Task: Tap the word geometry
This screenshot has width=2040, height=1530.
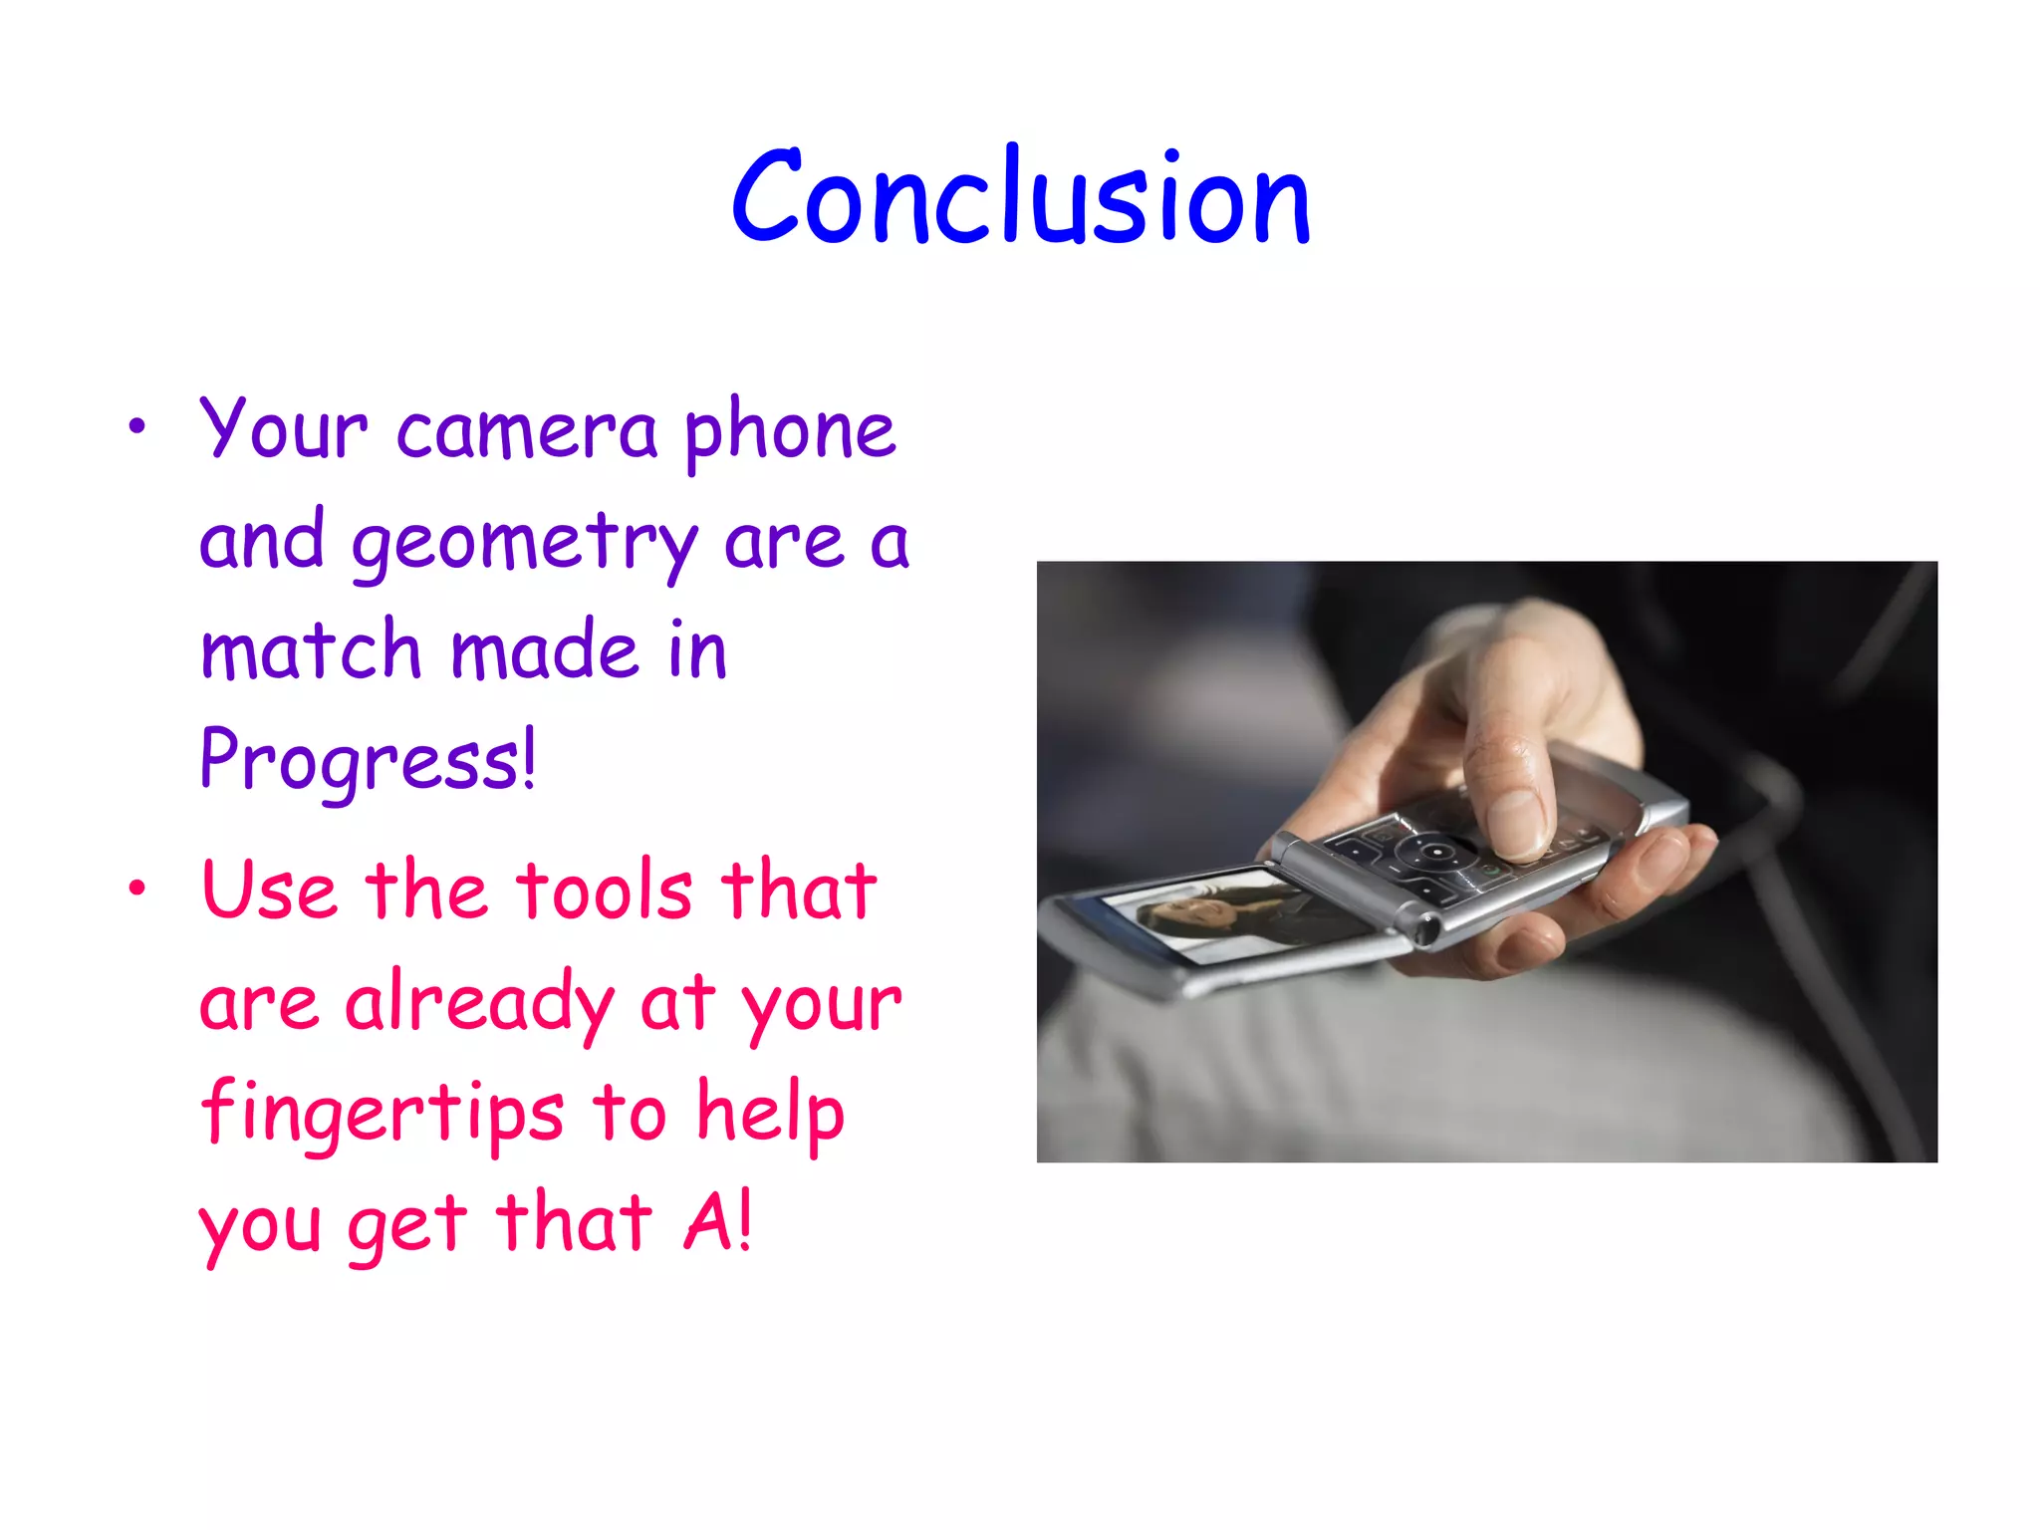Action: [525, 544]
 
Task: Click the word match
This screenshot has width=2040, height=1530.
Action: [311, 651]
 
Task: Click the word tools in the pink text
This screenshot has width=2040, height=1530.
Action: [605, 891]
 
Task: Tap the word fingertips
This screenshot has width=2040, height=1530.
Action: [382, 1114]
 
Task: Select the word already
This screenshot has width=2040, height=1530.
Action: [479, 1003]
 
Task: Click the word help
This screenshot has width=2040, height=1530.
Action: [770, 1114]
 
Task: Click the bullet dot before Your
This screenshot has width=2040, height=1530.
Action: [137, 428]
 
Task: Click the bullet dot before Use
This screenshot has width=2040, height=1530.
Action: [137, 888]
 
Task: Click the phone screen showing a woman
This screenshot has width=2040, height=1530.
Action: [1230, 914]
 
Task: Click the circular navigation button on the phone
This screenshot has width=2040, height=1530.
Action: [1435, 852]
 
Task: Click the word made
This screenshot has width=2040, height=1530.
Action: [544, 651]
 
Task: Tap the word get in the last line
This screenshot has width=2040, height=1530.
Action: [407, 1225]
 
